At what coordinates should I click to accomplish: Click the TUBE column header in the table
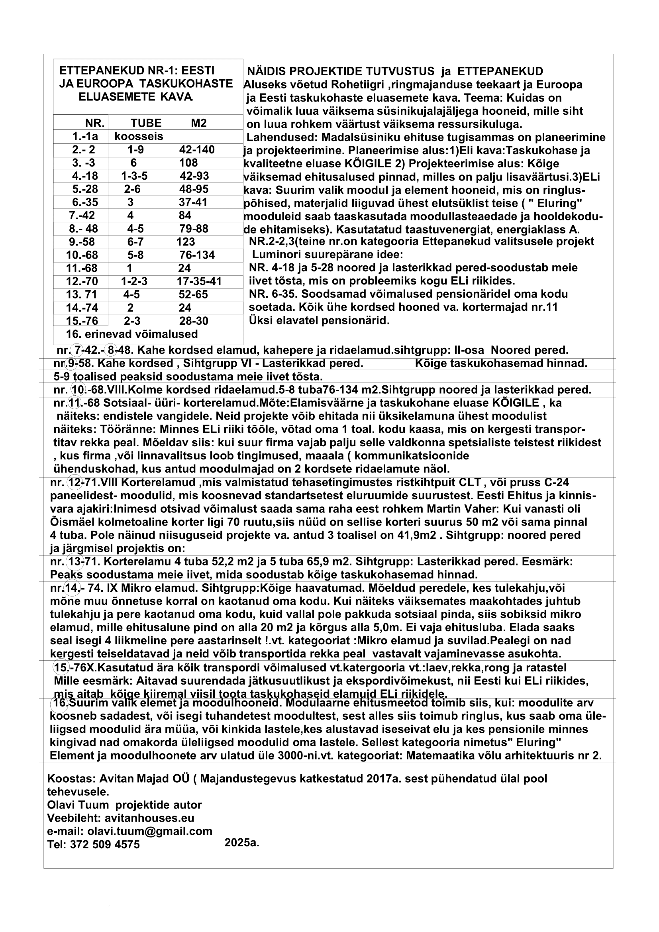click(x=146, y=123)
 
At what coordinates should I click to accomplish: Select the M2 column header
click(x=198, y=123)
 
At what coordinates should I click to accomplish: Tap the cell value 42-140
click(x=197, y=150)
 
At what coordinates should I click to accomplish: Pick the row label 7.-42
click(x=82, y=215)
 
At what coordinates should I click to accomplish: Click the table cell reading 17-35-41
click(x=199, y=281)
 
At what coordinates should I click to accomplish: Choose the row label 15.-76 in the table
click(x=82, y=321)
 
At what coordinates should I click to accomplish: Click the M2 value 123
click(x=185, y=242)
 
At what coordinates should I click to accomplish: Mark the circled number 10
click(x=77, y=390)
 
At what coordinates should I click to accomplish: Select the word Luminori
click(x=275, y=255)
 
